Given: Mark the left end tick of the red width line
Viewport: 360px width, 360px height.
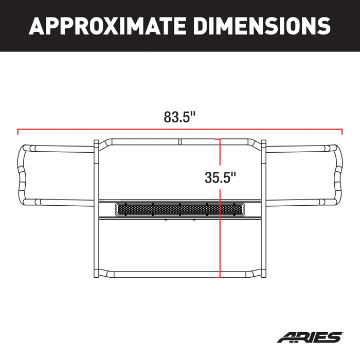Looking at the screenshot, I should pos(18,131).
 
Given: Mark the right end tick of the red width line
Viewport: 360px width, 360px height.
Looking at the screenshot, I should pos(341,131).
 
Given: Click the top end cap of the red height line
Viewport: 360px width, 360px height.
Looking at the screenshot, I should pos(220,139).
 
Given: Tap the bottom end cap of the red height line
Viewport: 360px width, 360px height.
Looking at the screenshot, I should pos(220,276).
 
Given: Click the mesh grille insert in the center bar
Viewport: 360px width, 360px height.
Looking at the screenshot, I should pos(180,209).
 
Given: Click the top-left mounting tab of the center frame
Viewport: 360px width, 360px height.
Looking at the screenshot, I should pos(96,143).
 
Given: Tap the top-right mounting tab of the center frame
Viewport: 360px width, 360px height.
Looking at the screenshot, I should pos(263,143).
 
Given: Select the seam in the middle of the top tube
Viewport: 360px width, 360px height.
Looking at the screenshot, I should pos(180,141).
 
